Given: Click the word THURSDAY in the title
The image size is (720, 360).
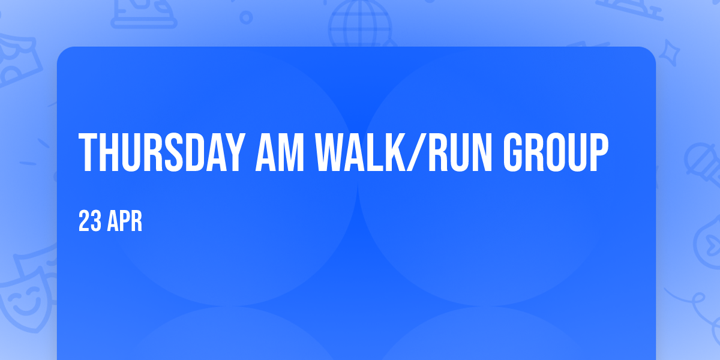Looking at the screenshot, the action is pyautogui.click(x=160, y=152).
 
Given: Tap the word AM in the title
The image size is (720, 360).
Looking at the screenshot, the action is pyautogui.click(x=280, y=152).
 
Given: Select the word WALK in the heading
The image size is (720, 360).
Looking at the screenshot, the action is pyautogui.click(x=361, y=152).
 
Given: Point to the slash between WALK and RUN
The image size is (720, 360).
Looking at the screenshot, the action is pyautogui.click(x=417, y=152).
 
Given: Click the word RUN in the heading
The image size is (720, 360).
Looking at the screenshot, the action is pyautogui.click(x=460, y=152).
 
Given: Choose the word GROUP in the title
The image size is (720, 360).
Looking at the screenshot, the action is pyautogui.click(x=556, y=152).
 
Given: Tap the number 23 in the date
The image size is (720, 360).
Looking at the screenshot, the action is pyautogui.click(x=89, y=221).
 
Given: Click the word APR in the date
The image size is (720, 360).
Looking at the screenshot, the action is pyautogui.click(x=124, y=221).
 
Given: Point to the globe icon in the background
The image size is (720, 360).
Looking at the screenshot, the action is pyautogui.click(x=361, y=24).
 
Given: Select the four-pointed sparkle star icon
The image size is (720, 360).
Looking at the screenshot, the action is pyautogui.click(x=669, y=53).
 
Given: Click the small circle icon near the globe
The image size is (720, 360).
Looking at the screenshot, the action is pyautogui.click(x=246, y=17).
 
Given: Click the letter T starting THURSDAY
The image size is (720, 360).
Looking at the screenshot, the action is pyautogui.click(x=88, y=152).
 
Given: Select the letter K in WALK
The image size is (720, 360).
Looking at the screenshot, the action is pyautogui.click(x=395, y=152).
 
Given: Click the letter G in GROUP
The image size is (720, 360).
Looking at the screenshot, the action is pyautogui.click(x=514, y=152).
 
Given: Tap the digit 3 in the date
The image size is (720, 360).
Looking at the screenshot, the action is pyautogui.click(x=96, y=221).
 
